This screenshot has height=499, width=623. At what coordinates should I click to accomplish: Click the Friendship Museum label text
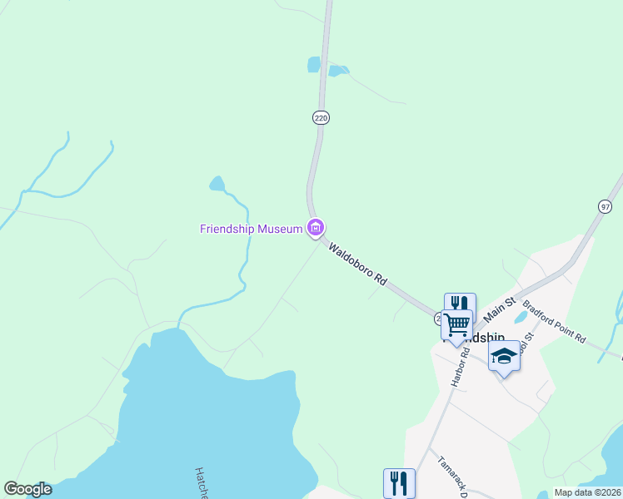point(251,229)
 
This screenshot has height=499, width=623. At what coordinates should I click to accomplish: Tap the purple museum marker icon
point(315,227)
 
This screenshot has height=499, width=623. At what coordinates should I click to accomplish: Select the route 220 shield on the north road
point(321,118)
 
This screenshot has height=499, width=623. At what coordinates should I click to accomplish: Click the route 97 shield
point(605,205)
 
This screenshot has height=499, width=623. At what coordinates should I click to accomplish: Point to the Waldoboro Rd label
point(358,264)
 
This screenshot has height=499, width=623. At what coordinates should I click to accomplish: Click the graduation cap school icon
point(503,356)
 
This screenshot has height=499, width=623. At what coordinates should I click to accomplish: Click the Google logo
point(28,489)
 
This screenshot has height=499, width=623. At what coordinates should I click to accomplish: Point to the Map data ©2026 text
point(588,492)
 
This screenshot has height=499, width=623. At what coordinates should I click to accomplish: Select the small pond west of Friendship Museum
point(217,184)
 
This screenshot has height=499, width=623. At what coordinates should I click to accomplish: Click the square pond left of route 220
point(314,64)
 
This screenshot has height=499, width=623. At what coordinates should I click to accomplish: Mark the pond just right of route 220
point(337,71)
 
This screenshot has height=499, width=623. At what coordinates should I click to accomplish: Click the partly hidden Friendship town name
point(479,338)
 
